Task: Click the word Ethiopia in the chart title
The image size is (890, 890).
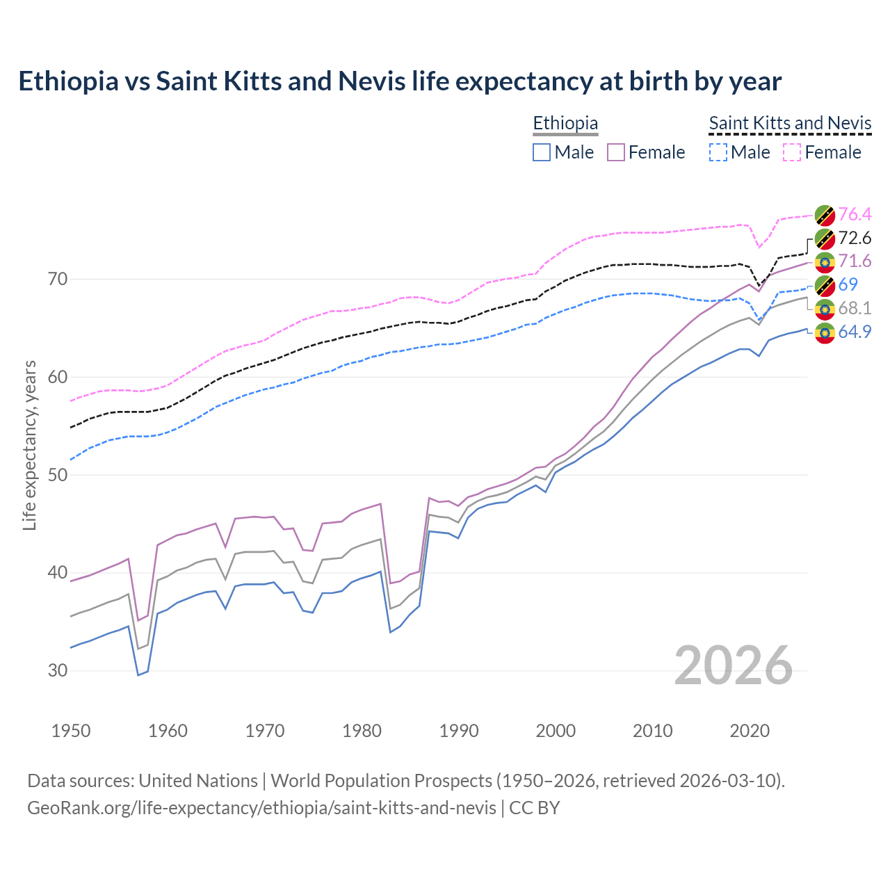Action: [x=68, y=81]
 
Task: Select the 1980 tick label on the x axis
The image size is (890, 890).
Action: [x=362, y=731]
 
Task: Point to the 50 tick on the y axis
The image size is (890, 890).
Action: [x=58, y=475]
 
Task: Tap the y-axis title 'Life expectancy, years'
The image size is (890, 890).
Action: [x=30, y=445]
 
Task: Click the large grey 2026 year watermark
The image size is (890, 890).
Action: [x=733, y=665]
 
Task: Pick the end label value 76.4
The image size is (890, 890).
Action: [x=855, y=214]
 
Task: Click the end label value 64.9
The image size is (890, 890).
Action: [x=855, y=332]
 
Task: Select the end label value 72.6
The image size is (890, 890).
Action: [x=855, y=238]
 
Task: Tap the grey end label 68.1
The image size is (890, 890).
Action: [x=855, y=308]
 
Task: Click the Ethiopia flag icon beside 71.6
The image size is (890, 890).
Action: [x=825, y=261]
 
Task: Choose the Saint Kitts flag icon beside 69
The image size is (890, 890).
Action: [x=825, y=285]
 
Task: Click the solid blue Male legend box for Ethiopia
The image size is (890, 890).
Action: [x=542, y=152]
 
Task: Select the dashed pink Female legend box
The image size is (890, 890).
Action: [x=792, y=152]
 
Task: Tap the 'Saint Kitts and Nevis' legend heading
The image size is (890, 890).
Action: [x=790, y=123]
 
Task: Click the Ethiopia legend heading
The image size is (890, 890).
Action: [x=565, y=123]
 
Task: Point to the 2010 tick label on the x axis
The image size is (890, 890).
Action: [x=652, y=731]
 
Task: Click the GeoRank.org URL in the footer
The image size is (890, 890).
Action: [x=261, y=808]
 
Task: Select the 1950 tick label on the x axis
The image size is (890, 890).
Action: [x=72, y=731]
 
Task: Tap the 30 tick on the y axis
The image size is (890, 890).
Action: [x=58, y=671]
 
